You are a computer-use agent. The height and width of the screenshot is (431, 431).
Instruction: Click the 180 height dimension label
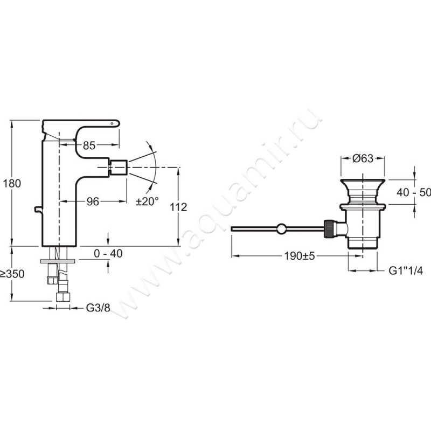click(x=12, y=183)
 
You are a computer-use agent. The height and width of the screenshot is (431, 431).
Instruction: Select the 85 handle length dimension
click(x=89, y=145)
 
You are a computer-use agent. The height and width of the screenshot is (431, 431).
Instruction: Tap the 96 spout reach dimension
click(x=93, y=201)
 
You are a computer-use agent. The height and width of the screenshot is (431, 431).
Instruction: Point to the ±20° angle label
click(x=147, y=201)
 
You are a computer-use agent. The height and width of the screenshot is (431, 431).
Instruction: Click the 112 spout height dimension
click(x=178, y=207)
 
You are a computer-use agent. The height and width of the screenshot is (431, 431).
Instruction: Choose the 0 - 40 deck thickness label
click(x=108, y=253)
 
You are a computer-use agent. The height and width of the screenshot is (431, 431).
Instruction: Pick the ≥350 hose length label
click(x=12, y=274)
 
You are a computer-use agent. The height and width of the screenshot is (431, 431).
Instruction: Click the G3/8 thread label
click(x=98, y=308)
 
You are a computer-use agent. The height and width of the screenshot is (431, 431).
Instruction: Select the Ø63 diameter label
click(x=363, y=158)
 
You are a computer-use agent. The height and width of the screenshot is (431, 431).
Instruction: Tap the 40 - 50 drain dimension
click(x=414, y=192)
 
